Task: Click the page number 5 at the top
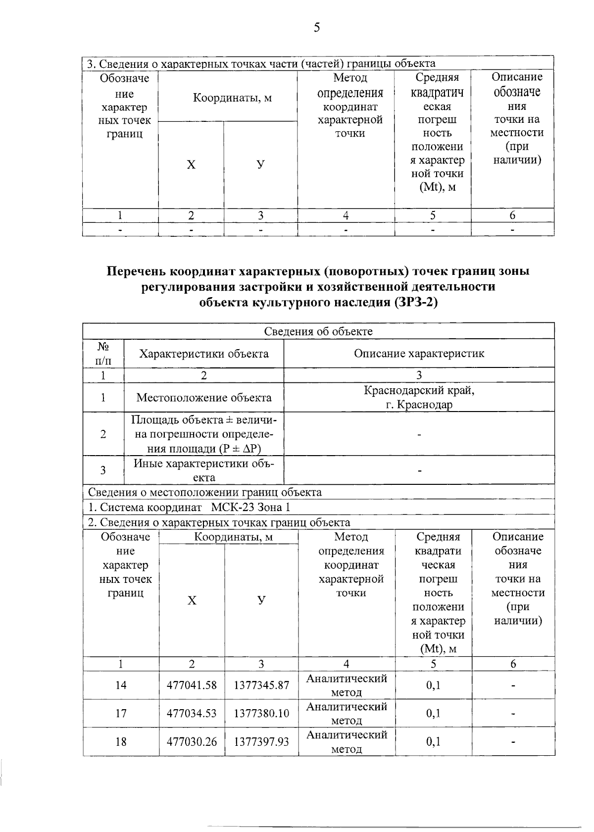point(317,27)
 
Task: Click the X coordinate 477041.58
point(192,685)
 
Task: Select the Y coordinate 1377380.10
point(261,713)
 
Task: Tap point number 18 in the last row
point(121,741)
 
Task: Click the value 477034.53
point(192,713)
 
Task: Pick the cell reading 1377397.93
point(261,741)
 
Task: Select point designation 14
point(121,685)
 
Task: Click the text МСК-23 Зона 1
point(250,507)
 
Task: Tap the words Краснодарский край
point(419,390)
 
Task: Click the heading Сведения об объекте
point(318,331)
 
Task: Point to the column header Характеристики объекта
point(204,354)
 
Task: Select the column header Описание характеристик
point(419,354)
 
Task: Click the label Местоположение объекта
point(204,398)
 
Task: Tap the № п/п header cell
point(103,354)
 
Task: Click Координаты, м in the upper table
point(232,98)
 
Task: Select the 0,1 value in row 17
point(433,713)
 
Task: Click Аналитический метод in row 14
point(346,685)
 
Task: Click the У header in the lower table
point(261,600)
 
